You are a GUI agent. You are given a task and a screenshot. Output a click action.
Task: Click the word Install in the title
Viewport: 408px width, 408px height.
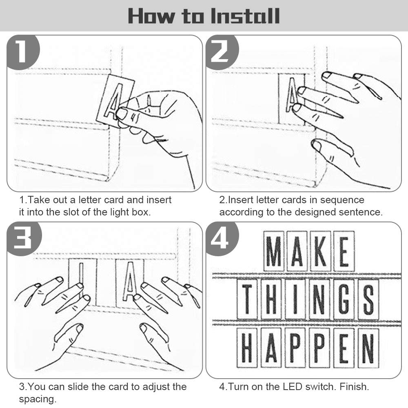click(x=245, y=16)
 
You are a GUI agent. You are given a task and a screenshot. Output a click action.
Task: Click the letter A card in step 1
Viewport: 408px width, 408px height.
click(x=115, y=101)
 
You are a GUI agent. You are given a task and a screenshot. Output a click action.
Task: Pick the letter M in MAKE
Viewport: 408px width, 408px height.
click(x=273, y=251)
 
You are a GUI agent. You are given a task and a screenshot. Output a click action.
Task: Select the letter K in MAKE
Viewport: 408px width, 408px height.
click(x=320, y=251)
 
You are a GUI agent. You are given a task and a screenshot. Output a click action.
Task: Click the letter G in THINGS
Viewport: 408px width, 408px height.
click(x=344, y=299)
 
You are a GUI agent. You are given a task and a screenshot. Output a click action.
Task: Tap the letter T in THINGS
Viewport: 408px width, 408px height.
click(x=247, y=299)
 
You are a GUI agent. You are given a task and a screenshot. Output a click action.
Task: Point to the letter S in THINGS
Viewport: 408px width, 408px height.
click(x=368, y=299)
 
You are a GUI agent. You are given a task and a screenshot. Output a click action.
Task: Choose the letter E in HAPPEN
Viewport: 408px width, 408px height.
click(x=344, y=348)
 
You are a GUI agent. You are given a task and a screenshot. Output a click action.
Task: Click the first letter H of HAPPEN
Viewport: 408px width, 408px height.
click(x=247, y=348)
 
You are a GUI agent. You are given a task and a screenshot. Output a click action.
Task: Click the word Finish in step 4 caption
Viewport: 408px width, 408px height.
click(x=355, y=387)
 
